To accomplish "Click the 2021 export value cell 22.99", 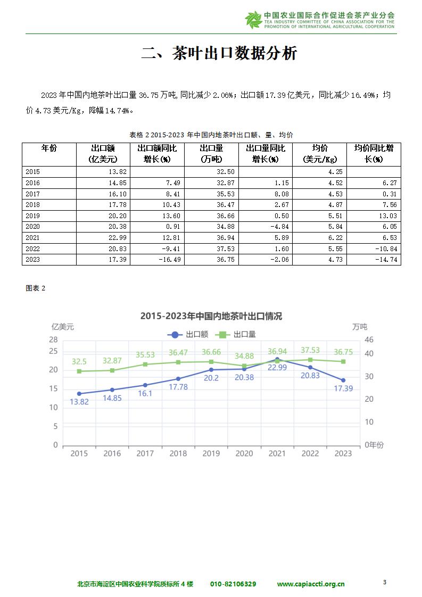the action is (x=103, y=238).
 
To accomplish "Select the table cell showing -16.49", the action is (x=158, y=260).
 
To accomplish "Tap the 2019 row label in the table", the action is (x=49, y=216).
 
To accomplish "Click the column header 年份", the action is (x=49, y=148).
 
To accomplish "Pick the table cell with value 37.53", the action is (x=211, y=248).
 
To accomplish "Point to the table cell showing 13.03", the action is (x=374, y=216).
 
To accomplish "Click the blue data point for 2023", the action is (x=343, y=380).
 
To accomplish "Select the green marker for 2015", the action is (x=79, y=371).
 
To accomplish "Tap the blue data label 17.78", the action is (x=178, y=387).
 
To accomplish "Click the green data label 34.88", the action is (x=244, y=356).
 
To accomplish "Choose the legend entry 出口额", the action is (x=188, y=334).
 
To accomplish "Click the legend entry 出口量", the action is (x=235, y=334).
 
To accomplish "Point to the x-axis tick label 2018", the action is (x=178, y=453).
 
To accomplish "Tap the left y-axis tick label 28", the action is (x=53, y=339).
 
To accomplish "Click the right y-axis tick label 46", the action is (x=369, y=339).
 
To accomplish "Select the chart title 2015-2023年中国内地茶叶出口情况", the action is (x=211, y=316).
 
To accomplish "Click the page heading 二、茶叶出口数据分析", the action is (x=219, y=53).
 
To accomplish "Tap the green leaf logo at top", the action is (x=253, y=20).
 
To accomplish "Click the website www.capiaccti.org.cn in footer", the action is (x=311, y=584).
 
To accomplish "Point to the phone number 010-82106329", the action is (x=233, y=584).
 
